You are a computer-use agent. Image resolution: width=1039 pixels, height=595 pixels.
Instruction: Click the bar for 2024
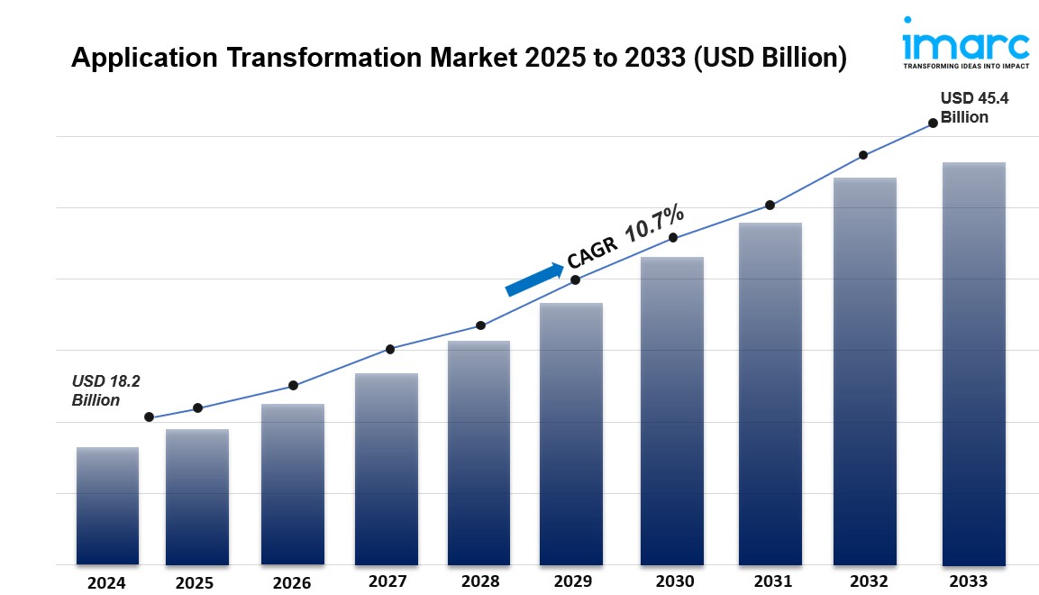107,506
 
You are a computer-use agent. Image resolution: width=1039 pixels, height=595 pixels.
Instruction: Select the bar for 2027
386,469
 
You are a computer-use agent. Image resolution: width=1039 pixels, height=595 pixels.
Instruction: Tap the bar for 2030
672,410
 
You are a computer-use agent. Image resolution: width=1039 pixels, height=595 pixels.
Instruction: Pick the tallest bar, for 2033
973,363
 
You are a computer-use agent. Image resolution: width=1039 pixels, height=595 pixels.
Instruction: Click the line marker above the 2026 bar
293,386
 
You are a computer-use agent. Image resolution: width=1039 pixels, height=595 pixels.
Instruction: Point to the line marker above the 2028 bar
480,325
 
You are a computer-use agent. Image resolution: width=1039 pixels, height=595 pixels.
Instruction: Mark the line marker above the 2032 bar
863,155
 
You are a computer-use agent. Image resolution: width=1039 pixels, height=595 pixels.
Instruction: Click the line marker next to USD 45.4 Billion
933,123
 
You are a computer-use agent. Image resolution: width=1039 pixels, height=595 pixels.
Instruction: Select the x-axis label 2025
196,582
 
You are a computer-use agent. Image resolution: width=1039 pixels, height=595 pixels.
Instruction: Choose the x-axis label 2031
772,581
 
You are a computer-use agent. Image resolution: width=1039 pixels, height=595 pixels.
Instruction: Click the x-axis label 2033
969,581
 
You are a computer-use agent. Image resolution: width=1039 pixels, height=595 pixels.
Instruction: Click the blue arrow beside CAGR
533,279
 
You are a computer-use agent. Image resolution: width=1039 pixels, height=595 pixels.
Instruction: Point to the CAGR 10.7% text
625,237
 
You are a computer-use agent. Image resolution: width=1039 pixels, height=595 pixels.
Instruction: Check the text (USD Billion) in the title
772,58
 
